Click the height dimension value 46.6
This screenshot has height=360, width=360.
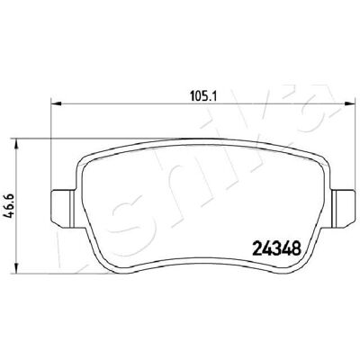click(x=9, y=205)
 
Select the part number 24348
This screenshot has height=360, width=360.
click(x=277, y=248)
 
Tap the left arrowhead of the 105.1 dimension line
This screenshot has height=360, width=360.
click(x=56, y=103)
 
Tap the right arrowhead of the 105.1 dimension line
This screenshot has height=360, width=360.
click(x=349, y=103)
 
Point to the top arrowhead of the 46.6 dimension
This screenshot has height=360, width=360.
click(x=17, y=144)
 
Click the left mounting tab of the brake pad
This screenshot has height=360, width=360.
click(x=63, y=207)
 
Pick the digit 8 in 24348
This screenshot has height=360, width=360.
click(x=296, y=248)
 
